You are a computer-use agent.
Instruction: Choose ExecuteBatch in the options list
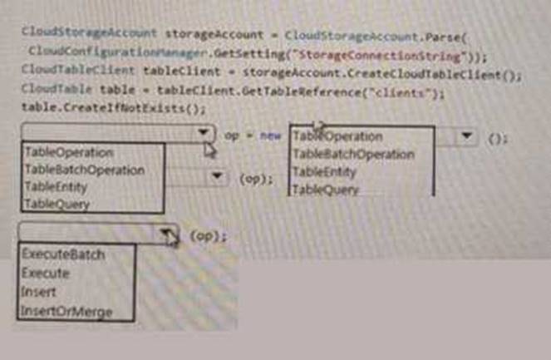pyautogui.click(x=63, y=254)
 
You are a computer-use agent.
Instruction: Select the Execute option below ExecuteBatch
pyautogui.click(x=46, y=274)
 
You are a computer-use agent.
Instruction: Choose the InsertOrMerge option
pyautogui.click(x=66, y=313)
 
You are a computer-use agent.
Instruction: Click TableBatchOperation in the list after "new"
pyautogui.click(x=353, y=154)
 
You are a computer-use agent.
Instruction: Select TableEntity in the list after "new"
pyautogui.click(x=325, y=172)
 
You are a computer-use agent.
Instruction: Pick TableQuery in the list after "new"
pyautogui.click(x=327, y=190)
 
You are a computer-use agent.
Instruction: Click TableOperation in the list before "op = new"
pyautogui.click(x=69, y=152)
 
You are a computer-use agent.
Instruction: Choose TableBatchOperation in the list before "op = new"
pyautogui.click(x=85, y=170)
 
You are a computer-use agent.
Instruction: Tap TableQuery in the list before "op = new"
pyautogui.click(x=57, y=204)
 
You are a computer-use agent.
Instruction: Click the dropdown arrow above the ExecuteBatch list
pyautogui.click(x=167, y=234)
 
